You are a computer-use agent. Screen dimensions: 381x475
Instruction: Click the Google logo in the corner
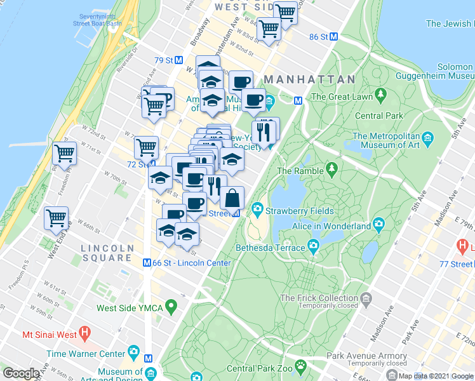click(x=21, y=373)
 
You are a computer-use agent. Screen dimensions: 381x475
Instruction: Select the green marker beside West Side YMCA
click(x=170, y=308)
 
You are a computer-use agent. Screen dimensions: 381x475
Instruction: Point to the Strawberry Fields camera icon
click(x=257, y=210)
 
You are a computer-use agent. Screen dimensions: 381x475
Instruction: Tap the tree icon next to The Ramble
click(x=331, y=170)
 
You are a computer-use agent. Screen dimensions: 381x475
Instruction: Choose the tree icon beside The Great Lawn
click(x=380, y=96)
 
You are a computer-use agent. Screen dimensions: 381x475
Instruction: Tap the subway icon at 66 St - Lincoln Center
click(x=147, y=263)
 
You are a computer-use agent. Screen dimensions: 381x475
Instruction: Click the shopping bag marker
click(x=232, y=197)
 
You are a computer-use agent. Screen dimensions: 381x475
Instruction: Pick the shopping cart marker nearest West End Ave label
click(x=56, y=217)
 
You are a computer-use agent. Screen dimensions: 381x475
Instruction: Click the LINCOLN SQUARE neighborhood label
click(x=107, y=253)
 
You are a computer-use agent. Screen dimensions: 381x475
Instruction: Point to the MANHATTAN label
click(x=309, y=79)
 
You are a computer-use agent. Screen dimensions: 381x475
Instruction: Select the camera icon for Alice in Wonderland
click(x=379, y=225)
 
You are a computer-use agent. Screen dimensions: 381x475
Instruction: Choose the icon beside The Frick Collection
click(x=366, y=298)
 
